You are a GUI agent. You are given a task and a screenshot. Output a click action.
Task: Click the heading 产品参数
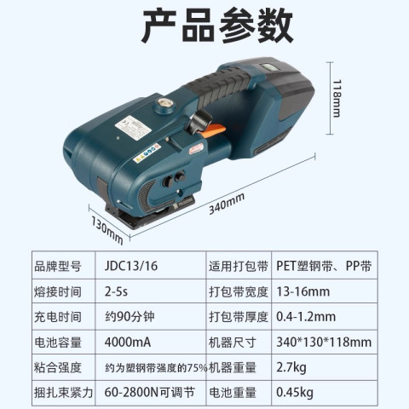coord(217,26)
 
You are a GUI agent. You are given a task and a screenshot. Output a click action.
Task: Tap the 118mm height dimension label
coord(337,98)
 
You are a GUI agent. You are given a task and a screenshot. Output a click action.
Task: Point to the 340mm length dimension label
coord(227,204)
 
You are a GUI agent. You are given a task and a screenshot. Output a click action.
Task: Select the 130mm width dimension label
coord(107,230)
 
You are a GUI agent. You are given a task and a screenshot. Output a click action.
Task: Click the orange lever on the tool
coord(214,131)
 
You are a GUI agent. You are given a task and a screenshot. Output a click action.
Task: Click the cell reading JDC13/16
coord(131,266)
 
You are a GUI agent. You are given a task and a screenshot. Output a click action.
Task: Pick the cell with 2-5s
coord(116,291)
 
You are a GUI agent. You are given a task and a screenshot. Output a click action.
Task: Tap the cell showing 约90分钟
coord(130,316)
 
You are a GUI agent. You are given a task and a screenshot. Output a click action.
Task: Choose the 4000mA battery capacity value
coord(128,342)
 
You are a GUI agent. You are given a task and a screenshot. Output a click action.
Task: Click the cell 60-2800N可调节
coord(149,392)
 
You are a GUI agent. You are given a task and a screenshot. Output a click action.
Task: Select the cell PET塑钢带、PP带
coord(324,266)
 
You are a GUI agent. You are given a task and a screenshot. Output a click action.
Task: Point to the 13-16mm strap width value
coord(303,291)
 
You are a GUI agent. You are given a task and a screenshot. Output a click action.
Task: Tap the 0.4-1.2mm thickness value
coord(306,316)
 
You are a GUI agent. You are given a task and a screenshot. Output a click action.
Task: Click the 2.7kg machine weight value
coord(291,367)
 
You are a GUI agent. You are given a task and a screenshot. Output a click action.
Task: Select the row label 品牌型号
coord(58,266)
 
